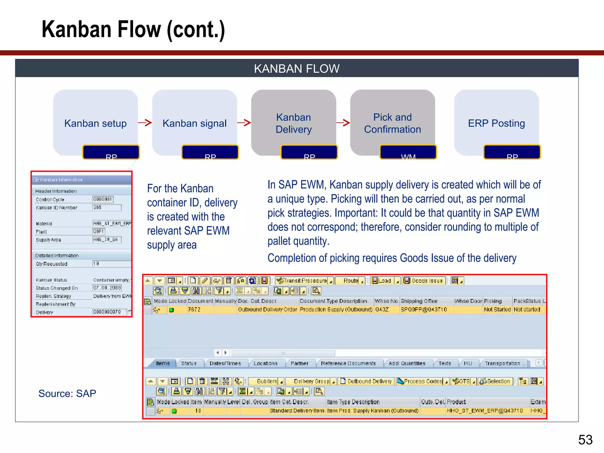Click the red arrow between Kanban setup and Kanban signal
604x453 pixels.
pos(145,123)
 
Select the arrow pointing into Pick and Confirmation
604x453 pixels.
pos(343,123)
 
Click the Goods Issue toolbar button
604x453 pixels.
pos(424,280)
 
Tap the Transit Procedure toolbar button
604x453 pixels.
pos(305,280)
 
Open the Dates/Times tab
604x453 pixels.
pos(225,363)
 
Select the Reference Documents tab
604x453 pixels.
pos(348,363)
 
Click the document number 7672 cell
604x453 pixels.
pos(194,310)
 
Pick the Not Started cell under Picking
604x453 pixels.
pos(497,310)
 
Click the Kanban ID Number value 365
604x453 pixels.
pos(106,208)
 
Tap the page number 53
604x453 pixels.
pos(585,440)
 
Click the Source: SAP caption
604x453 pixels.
pos(67,393)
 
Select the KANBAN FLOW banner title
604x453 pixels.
pos(297,69)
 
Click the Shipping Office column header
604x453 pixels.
pos(419,301)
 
